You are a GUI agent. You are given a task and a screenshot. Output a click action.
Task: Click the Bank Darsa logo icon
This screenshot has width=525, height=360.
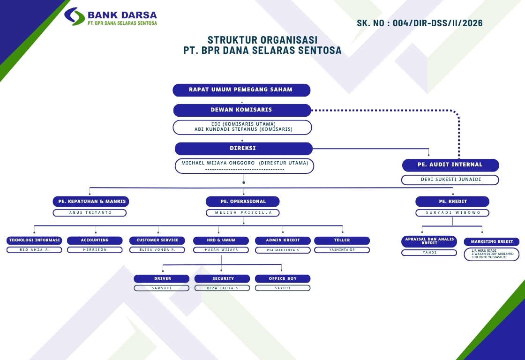pos(74,16)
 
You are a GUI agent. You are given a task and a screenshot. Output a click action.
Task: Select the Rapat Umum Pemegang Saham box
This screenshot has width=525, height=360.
pos(241,90)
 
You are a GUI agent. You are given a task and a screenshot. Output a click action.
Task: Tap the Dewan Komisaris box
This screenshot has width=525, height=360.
pos(242,110)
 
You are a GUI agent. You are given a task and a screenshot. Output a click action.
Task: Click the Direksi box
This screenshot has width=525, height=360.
pos(243,149)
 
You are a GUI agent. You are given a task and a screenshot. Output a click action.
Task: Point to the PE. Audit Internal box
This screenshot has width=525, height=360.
pos(450,165)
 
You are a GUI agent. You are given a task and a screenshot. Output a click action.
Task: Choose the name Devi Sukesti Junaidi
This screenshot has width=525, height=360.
pos(450,180)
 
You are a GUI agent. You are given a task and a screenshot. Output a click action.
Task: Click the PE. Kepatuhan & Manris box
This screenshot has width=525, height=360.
pos(90,202)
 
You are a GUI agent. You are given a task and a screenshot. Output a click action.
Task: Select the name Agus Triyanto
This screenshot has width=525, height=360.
pos(90,213)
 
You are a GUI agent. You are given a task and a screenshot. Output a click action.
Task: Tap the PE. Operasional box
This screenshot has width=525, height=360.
pos(243,202)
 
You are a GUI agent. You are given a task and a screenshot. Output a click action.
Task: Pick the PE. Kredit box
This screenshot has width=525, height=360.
pos(452,202)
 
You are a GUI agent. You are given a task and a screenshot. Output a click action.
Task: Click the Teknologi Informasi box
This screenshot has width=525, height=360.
pos(34,240)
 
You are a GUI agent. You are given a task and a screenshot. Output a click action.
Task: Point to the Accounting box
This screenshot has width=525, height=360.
pos(95,240)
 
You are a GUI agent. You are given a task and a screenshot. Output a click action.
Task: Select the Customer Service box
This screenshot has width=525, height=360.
pos(157,240)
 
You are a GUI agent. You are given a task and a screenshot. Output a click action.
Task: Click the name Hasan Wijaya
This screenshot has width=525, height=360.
pos(221,250)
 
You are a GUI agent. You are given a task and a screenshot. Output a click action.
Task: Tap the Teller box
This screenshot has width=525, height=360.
pos(342,240)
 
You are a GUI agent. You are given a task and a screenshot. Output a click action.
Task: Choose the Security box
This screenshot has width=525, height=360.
pos(222,278)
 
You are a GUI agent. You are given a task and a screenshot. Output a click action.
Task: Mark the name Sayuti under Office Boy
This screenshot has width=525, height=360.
pos(283,288)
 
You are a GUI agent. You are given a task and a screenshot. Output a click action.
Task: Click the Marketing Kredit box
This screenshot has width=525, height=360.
pos(492,242)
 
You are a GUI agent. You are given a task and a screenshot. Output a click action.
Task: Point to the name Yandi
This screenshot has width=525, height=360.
pos(429,253)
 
